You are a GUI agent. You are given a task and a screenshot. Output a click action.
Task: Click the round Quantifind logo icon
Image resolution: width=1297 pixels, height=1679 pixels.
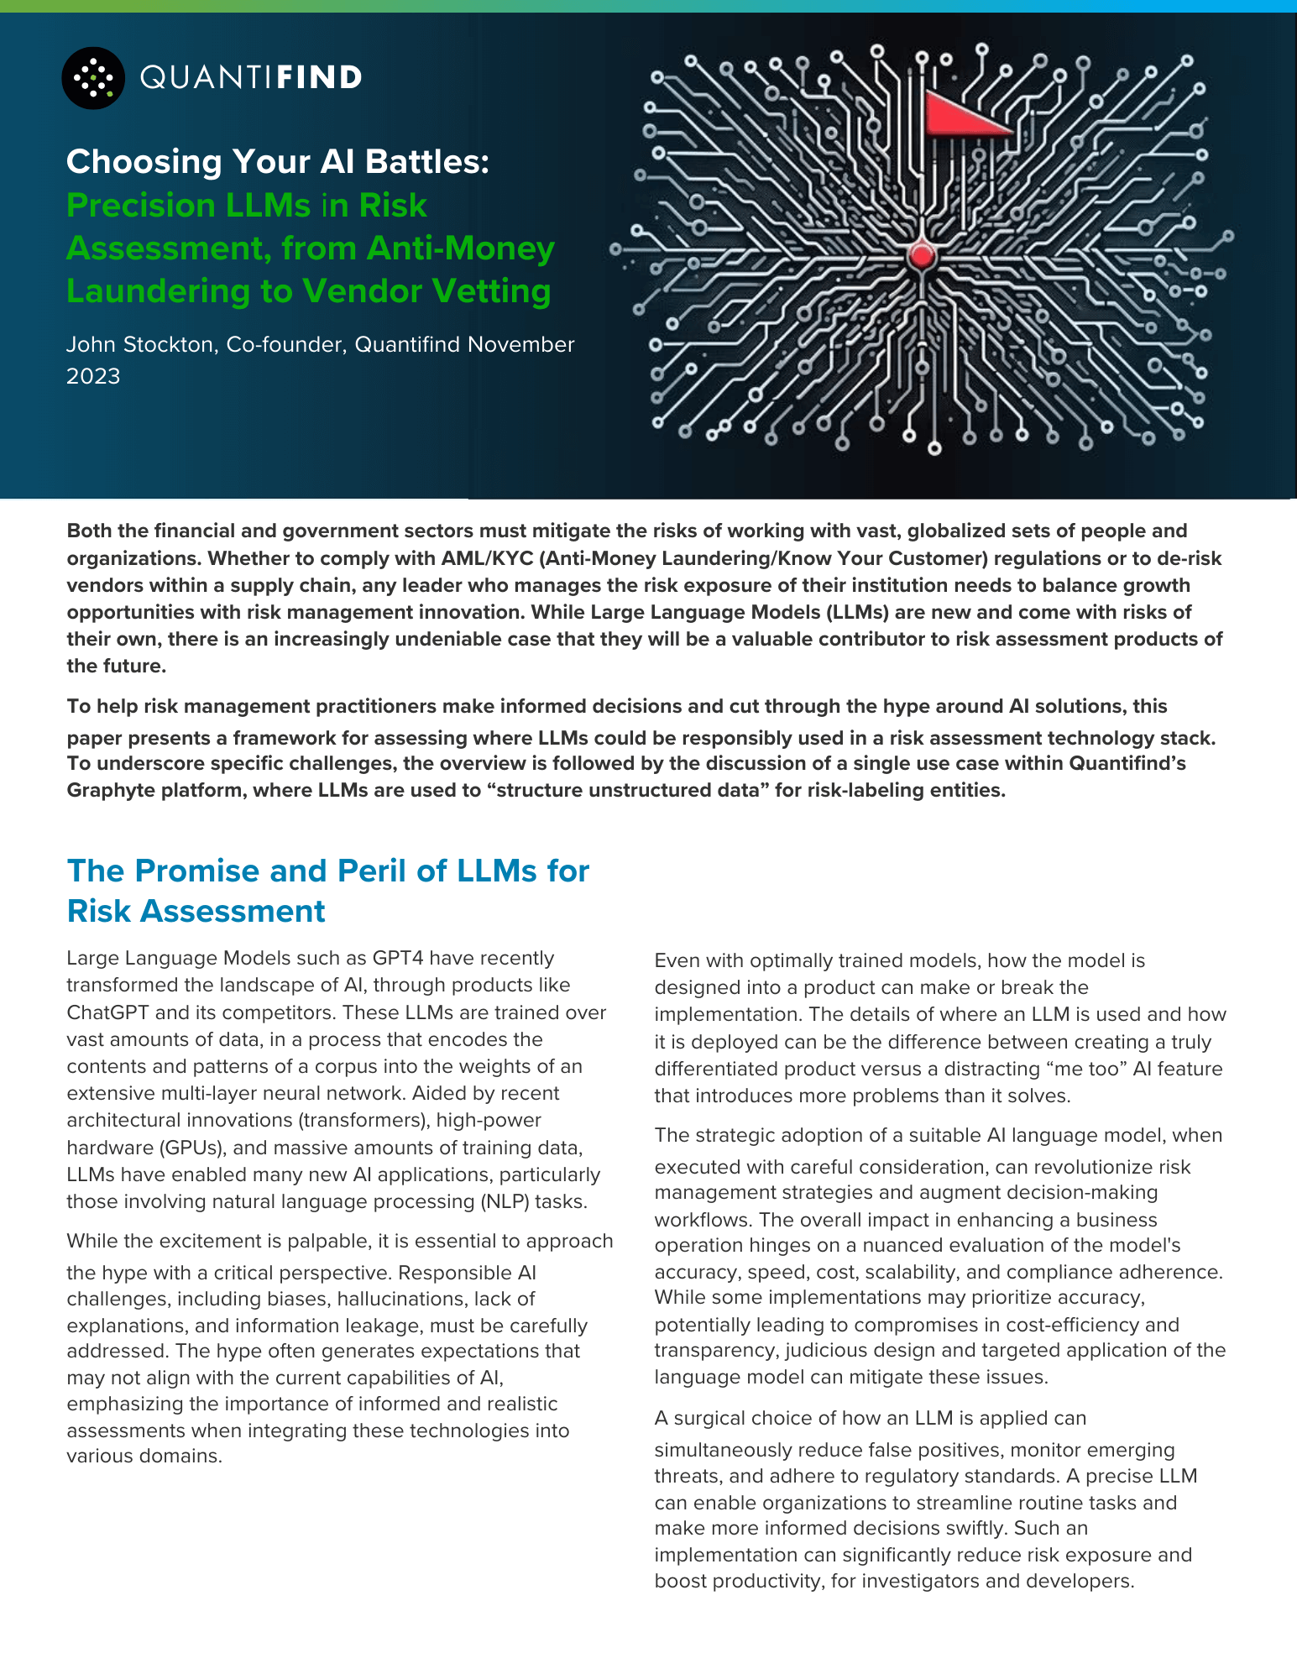point(93,78)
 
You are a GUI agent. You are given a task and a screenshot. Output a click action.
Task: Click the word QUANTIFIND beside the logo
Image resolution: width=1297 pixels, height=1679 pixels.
point(251,78)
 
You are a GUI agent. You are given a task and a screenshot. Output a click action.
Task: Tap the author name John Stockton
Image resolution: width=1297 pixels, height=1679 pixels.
point(139,345)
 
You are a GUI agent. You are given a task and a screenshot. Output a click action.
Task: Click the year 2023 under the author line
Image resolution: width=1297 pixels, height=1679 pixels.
point(93,376)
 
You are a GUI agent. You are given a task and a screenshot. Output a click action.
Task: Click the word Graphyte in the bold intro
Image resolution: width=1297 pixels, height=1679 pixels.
point(104,791)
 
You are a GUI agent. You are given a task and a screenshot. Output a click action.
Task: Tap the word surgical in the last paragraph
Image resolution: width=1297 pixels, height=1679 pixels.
point(709,1419)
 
